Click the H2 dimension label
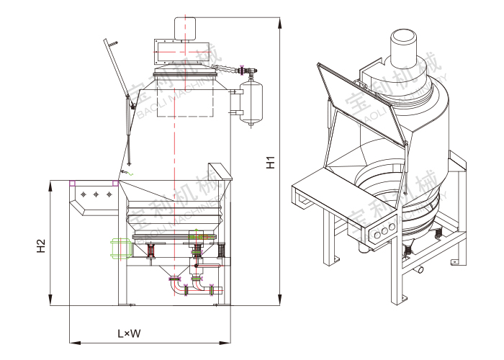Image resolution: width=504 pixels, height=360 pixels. click(x=41, y=246)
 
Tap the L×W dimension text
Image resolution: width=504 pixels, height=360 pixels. click(x=129, y=333)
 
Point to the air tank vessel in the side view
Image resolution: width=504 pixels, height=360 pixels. click(x=251, y=100)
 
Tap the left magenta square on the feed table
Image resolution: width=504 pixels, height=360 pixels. click(x=72, y=184)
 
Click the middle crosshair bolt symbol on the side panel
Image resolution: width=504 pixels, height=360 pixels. click(x=96, y=194)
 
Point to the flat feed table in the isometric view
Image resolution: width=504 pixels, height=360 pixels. click(x=317, y=186)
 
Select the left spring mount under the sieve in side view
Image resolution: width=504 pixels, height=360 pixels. click(x=152, y=251)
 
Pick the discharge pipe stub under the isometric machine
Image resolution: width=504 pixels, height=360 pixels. click(x=418, y=270)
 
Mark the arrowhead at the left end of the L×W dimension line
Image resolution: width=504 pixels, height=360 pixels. click(x=72, y=341)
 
